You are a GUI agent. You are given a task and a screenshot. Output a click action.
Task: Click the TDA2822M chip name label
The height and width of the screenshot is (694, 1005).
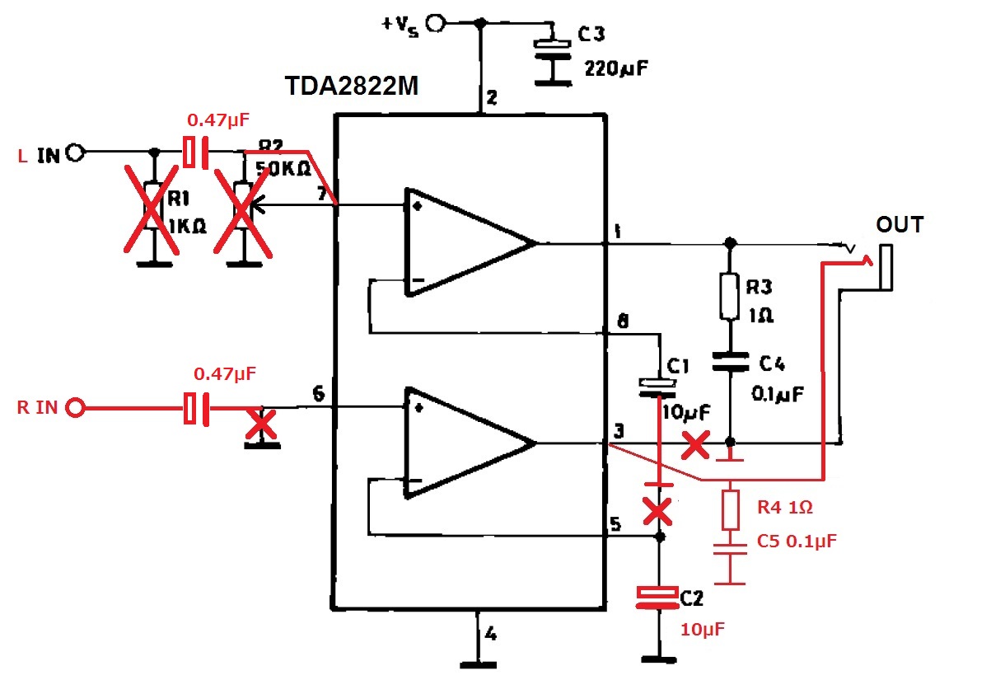(352, 87)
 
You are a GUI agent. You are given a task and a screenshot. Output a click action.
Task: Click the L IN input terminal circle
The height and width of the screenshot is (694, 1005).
(76, 152)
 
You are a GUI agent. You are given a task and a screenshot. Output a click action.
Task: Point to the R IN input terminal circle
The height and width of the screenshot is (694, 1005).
(76, 407)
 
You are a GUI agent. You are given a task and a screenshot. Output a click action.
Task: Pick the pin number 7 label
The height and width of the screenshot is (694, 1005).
(320, 195)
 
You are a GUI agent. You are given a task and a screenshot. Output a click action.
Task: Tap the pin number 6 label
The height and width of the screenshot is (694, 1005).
(319, 395)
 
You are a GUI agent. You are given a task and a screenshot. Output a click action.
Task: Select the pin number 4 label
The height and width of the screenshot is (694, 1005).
(491, 635)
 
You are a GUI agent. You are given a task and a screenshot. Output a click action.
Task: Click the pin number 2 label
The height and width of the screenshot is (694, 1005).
(491, 100)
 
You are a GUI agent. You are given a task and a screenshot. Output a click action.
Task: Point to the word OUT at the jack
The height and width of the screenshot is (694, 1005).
(900, 224)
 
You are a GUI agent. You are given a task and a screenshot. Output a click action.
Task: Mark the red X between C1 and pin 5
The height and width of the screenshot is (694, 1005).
(657, 511)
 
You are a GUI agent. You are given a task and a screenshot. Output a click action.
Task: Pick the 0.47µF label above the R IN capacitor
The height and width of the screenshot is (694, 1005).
(225, 374)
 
